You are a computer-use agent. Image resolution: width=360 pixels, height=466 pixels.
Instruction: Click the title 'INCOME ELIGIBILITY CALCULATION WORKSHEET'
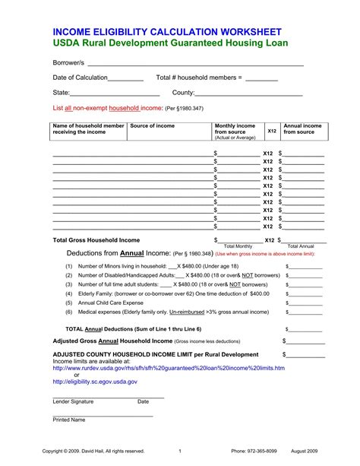(166, 33)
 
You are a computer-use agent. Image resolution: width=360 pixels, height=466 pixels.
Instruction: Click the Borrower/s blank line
(190, 65)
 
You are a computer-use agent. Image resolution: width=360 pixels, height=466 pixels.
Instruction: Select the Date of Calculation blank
(126, 80)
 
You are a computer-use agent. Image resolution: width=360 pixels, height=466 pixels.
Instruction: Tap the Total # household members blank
(261, 80)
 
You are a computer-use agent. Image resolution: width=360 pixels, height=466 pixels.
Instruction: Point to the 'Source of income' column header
(153, 125)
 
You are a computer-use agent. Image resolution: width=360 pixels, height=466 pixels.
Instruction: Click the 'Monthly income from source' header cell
(235, 131)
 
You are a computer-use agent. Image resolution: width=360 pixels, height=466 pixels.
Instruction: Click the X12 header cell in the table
(271, 131)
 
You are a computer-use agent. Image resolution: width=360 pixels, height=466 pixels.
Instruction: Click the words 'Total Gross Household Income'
(96, 239)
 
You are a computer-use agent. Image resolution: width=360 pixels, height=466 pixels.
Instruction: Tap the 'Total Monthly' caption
(238, 247)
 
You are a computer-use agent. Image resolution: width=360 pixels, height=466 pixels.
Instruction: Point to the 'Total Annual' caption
(301, 247)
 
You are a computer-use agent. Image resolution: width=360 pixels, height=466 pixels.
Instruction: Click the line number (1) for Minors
(68, 266)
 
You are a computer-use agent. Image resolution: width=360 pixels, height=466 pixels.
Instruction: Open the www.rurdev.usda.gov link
(169, 368)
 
